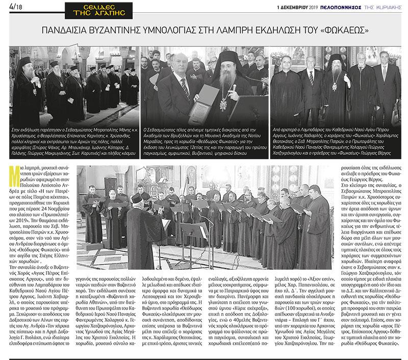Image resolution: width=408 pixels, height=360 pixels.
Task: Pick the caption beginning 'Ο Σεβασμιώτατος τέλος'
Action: tap(204, 141)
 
